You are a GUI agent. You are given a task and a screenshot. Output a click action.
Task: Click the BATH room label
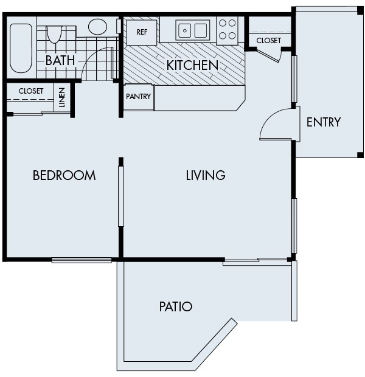coord(60,60)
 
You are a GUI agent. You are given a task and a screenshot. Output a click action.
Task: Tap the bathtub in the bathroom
coord(21,47)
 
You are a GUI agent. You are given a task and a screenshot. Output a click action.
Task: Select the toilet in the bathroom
coord(54,33)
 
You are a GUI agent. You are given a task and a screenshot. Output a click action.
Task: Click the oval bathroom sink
coord(97,27)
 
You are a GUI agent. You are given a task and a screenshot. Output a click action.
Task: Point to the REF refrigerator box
coord(142,32)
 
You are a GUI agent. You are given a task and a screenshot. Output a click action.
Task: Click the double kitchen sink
coord(192,29)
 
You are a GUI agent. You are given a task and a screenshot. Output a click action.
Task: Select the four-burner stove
coord(228,30)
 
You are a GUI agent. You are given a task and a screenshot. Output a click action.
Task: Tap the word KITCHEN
coord(192,64)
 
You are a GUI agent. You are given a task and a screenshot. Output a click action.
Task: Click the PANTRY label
coord(138,97)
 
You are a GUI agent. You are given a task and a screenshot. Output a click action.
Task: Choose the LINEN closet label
coord(63,98)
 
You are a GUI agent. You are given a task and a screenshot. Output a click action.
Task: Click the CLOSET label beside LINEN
coord(30,91)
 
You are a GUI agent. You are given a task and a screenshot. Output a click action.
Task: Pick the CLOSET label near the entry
coord(268,41)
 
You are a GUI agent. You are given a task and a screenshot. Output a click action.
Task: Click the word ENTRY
coord(323,122)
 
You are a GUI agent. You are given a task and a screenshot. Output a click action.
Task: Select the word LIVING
coord(206,176)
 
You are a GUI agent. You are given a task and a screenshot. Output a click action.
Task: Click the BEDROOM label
coord(64,176)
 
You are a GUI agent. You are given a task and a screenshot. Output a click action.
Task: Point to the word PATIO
coord(176,306)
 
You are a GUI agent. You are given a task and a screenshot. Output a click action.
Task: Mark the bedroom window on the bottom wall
coord(82,260)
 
